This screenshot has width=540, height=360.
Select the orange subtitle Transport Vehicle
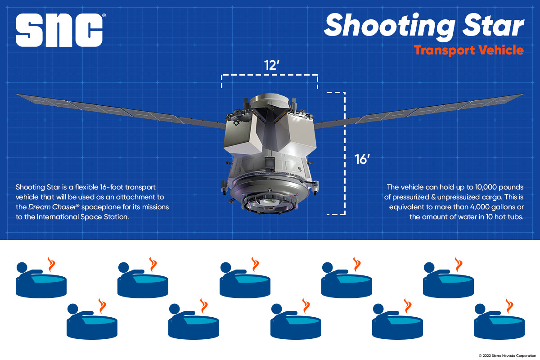pos(468,50)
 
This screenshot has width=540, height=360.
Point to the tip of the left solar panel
pos(18,95)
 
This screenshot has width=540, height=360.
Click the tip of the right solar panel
pos(522,95)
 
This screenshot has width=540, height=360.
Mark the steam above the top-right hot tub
pos(459,264)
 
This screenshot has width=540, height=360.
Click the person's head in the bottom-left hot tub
pos(72,309)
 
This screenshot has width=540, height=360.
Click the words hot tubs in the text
pos(512,218)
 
